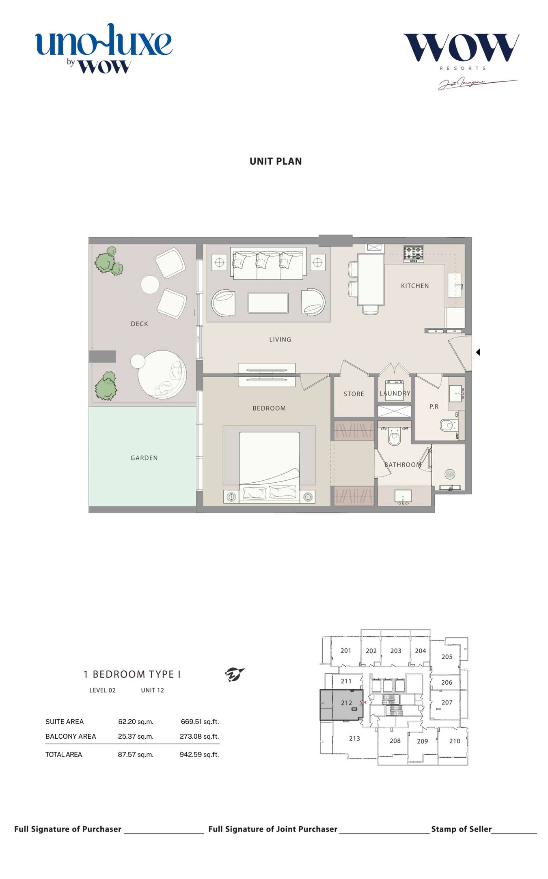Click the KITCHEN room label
414,286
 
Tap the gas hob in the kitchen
414,254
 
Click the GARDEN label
144,458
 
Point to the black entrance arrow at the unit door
478,352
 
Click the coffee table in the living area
268,303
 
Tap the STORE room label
354,394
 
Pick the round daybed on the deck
162,374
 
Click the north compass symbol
235,675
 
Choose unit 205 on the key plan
447,657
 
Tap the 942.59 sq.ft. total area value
199,754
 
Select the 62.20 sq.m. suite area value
136,722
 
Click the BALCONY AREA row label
71,736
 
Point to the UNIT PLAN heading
276,161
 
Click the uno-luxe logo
104,48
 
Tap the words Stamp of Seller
461,829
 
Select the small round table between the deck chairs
150,284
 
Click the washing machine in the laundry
394,390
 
